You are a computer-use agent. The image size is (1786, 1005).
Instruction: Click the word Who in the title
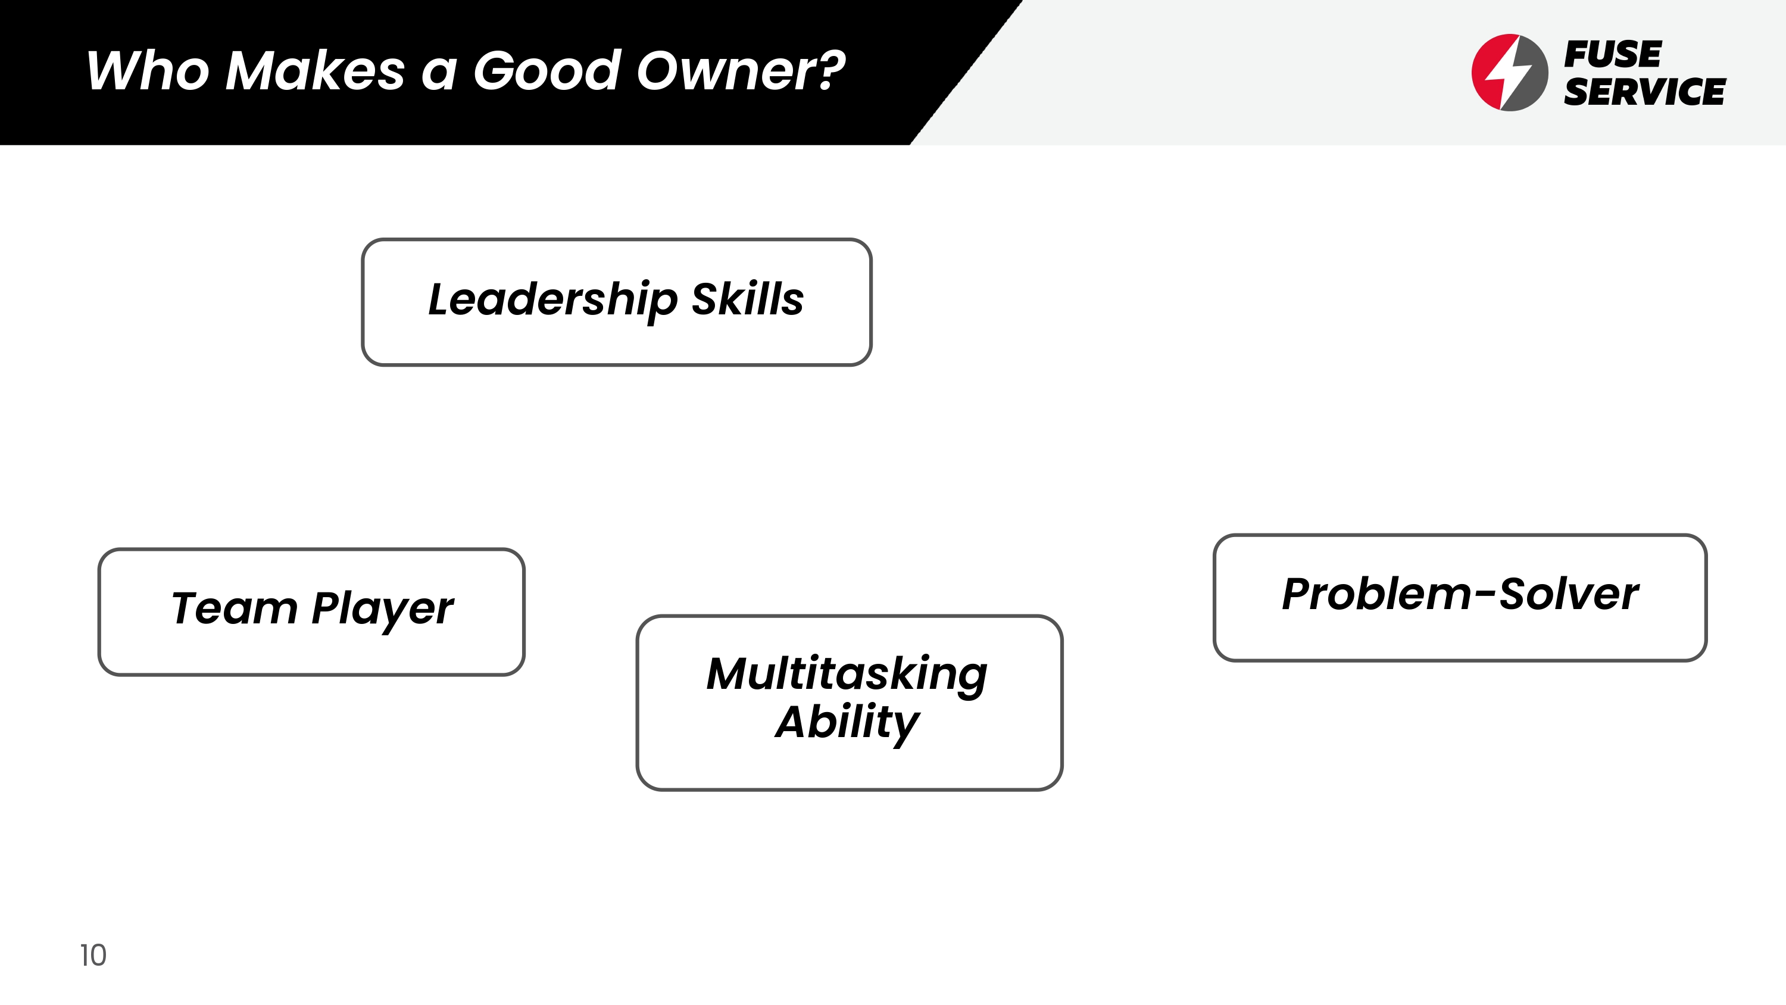[x=148, y=71]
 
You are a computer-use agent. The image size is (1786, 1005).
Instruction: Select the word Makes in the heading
[x=316, y=70]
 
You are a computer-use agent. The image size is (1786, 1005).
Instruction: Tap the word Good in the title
[x=547, y=70]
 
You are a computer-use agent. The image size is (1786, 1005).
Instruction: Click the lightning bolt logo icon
[x=1509, y=72]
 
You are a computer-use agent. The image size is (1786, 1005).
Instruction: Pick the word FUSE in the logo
[x=1613, y=54]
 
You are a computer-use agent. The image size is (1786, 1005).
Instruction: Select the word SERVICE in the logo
[x=1644, y=92]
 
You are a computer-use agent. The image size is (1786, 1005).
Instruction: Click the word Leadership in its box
[x=552, y=300]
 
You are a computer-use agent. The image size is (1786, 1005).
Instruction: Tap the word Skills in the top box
[x=748, y=298]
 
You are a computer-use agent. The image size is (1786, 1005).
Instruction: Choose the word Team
[x=235, y=608]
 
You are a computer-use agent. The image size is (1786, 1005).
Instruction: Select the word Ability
[x=847, y=723]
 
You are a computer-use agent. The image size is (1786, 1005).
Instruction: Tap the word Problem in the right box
[x=1377, y=594]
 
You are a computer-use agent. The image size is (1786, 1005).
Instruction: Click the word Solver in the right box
[x=1569, y=594]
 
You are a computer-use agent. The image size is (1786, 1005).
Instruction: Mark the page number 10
[x=93, y=955]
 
